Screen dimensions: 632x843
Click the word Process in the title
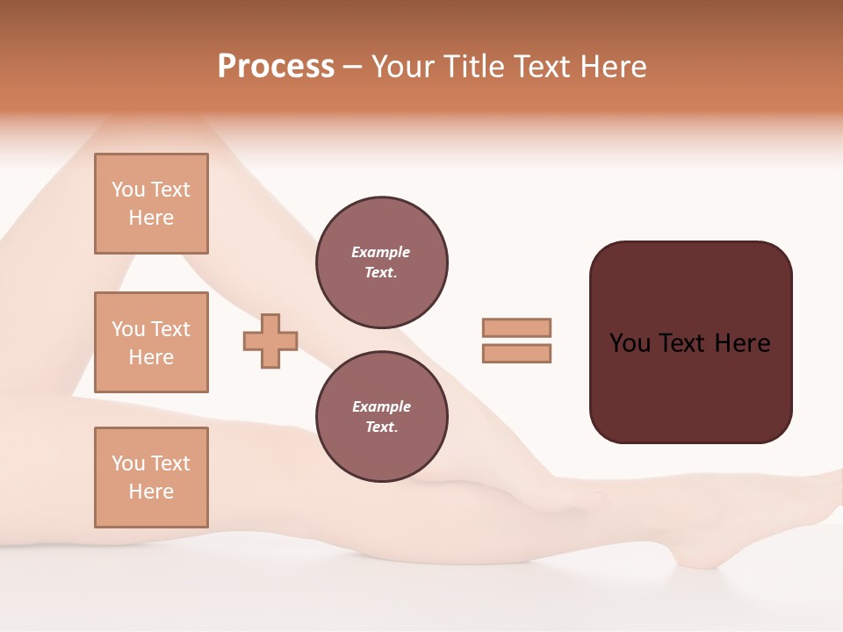point(276,66)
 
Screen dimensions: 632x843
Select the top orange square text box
point(151,204)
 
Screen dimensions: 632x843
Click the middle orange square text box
point(151,342)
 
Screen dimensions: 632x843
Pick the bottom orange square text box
point(151,478)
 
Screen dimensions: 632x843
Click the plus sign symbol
point(270,341)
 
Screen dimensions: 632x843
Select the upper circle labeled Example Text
point(381,262)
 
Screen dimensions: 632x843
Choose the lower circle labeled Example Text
point(381,417)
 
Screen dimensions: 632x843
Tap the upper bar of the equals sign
point(516,327)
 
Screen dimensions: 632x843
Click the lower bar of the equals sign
point(516,353)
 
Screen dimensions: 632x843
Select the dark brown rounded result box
point(690,342)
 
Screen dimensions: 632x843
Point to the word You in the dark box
point(630,342)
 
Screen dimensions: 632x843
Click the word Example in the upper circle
point(381,252)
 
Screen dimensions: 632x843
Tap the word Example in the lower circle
point(381,406)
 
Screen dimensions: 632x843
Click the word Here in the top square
point(151,218)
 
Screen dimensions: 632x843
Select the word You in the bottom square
point(128,463)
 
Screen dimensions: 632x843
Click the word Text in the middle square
point(169,329)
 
